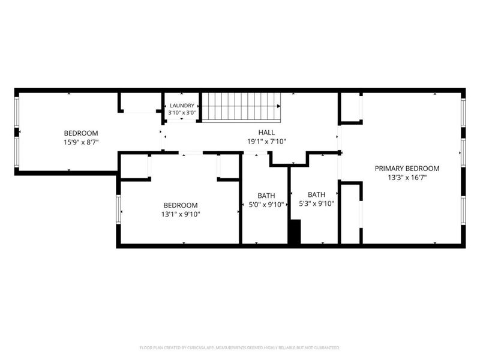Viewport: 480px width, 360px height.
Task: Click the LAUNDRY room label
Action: (182, 106)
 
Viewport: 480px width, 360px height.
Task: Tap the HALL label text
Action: (266, 133)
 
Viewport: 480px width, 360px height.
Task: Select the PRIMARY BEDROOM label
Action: (407, 169)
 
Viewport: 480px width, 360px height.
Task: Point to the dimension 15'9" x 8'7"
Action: (81, 142)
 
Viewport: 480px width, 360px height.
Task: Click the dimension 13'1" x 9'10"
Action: (181, 214)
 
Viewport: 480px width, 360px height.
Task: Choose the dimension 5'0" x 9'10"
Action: (266, 205)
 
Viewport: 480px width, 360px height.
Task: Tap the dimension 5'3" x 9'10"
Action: (317, 203)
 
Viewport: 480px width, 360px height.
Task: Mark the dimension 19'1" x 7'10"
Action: (266, 142)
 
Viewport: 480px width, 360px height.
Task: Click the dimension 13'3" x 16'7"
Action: (407, 178)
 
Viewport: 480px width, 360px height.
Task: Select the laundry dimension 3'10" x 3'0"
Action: (182, 113)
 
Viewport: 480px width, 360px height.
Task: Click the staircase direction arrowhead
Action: (278, 106)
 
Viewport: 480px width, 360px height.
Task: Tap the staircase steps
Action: (241, 106)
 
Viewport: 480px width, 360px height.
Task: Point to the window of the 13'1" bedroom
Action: (118, 209)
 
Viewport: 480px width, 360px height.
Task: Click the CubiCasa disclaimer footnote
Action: (239, 348)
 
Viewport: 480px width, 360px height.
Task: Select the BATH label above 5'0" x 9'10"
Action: (266, 196)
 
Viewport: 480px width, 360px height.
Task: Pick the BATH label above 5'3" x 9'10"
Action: (317, 194)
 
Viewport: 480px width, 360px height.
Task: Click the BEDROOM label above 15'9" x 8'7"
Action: (81, 133)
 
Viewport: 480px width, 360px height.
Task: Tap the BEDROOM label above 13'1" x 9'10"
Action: (181, 205)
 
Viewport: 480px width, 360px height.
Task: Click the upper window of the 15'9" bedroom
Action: (17, 112)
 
